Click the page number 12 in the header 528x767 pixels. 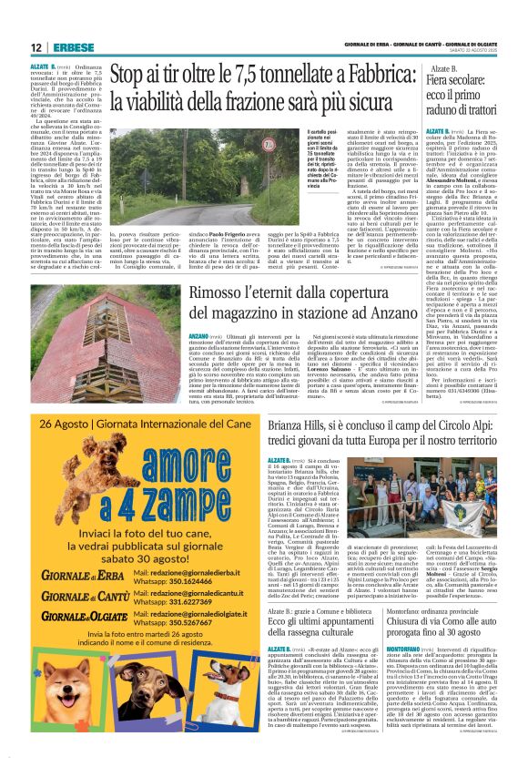coord(36,46)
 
